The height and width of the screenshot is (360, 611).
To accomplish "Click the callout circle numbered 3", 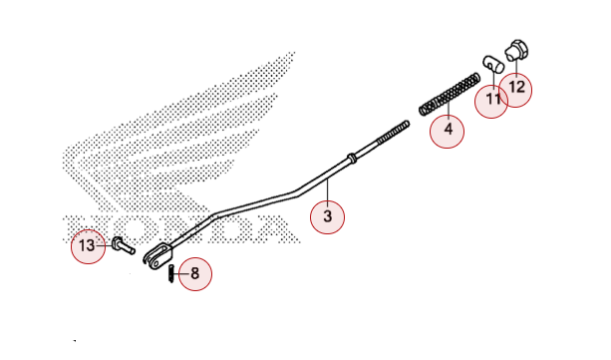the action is coord(327,216).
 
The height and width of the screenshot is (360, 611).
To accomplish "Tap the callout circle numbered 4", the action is coord(447,131).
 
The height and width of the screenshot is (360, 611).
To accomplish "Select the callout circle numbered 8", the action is coord(194,274).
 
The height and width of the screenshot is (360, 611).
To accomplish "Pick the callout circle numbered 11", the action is coord(491,101).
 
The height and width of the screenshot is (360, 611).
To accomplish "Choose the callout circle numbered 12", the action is coord(516,90).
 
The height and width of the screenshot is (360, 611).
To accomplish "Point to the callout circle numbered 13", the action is coord(88,246).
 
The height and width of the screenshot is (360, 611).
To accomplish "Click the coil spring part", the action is coord(450,94).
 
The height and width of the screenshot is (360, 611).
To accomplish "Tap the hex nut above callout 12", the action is coord(516,50).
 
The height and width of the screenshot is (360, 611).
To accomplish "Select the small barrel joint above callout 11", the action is coord(493,64).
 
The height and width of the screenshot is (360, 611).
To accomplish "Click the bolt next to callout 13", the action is coord(124,245).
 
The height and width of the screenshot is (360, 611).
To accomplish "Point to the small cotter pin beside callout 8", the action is coord(171,273).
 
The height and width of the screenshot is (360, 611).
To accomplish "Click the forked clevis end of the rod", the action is coord(157,255).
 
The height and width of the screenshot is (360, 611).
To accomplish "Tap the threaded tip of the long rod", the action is coord(393,132).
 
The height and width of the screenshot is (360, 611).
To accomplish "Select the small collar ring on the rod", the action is coord(352,158).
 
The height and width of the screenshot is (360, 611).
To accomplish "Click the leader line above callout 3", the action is coord(328,189).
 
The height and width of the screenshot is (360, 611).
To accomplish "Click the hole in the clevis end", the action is coord(156,263).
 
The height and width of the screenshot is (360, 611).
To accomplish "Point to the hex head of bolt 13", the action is coord(117,242).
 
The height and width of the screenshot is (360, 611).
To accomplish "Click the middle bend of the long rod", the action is coord(297,193).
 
